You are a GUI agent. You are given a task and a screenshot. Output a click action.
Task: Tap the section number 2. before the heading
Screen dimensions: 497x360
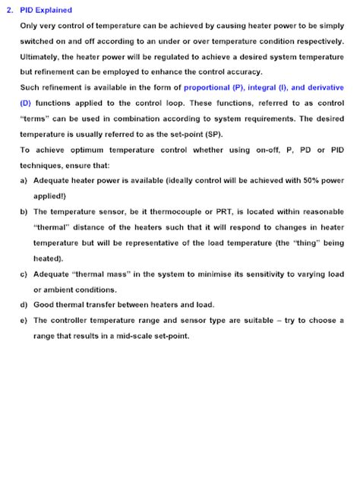point(10,10)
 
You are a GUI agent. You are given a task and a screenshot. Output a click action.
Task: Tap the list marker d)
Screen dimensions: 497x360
point(24,304)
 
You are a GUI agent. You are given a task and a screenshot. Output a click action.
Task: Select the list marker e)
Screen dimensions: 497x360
point(24,321)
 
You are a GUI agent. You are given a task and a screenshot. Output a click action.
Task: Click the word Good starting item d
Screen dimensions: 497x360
point(45,304)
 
